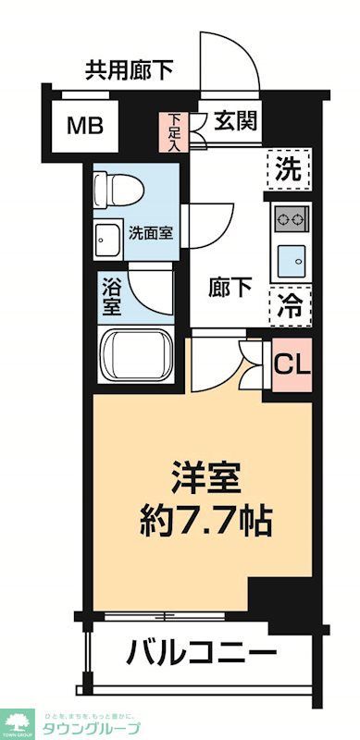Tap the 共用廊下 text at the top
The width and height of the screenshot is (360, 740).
(x=130, y=68)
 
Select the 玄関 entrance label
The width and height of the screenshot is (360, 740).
(x=236, y=122)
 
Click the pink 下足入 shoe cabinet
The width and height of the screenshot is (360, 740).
(x=175, y=132)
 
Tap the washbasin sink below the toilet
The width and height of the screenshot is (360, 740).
(x=106, y=239)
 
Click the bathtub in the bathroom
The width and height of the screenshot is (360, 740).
(x=136, y=354)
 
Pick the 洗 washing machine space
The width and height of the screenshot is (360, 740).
(x=288, y=170)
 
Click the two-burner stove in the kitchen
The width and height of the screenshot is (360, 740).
(x=290, y=220)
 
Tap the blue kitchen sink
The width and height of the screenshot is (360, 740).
(x=291, y=260)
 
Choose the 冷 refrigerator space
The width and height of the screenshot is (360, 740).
(x=288, y=305)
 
